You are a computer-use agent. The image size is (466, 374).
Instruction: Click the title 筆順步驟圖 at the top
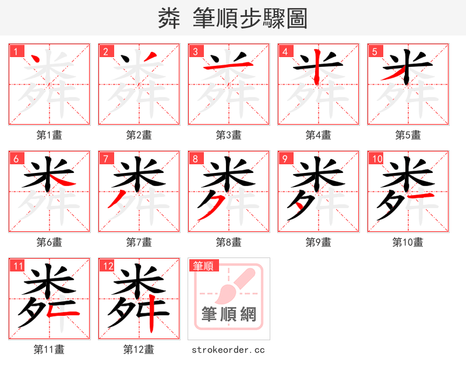(x=233, y=19)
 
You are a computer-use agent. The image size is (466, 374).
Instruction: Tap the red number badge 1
(x=16, y=51)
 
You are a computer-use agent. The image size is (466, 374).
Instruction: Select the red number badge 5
(x=375, y=51)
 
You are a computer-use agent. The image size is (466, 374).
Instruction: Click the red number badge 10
(x=376, y=158)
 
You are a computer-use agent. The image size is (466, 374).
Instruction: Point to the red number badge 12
(x=107, y=266)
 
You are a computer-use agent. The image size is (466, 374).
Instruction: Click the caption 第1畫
(x=50, y=135)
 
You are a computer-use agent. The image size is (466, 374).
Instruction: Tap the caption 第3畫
(x=229, y=135)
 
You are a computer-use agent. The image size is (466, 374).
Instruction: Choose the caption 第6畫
(x=50, y=242)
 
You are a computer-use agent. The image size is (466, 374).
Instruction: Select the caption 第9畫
(x=319, y=242)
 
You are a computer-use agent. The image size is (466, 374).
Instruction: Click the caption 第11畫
(x=50, y=350)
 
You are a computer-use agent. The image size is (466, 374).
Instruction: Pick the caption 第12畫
(x=139, y=350)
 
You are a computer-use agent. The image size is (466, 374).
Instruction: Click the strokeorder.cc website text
(x=229, y=350)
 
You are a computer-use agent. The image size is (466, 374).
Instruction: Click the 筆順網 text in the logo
(x=229, y=315)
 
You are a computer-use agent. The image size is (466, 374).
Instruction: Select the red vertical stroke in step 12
(x=151, y=315)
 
